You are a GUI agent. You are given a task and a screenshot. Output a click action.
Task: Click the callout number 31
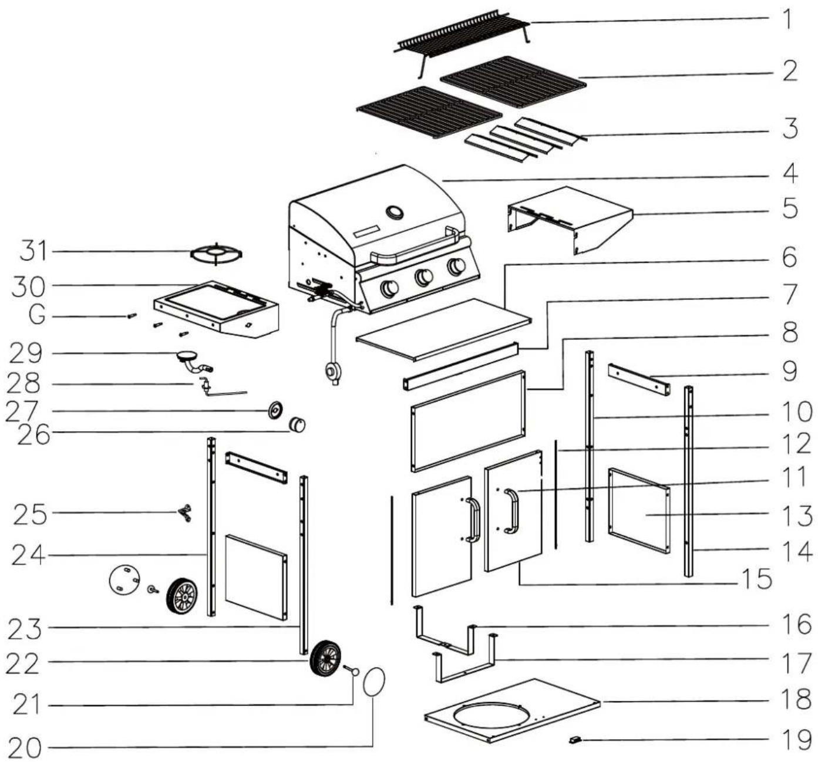(32, 251)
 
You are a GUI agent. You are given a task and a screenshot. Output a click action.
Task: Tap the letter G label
(37, 316)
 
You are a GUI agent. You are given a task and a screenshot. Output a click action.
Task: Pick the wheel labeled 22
(325, 659)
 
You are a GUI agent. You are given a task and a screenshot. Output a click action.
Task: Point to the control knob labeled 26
(297, 424)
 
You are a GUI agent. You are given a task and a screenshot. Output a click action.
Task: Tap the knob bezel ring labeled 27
(275, 410)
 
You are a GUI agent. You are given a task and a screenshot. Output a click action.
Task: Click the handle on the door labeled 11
(513, 511)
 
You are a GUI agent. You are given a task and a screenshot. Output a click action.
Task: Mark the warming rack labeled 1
(462, 44)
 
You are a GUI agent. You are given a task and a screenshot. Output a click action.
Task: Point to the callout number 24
(28, 555)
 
